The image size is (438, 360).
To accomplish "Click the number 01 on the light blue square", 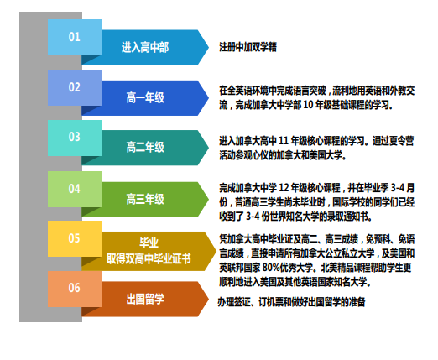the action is pos(75,37).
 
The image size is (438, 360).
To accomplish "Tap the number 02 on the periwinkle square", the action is pos(75,87).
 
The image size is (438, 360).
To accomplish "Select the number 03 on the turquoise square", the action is pos(75,137).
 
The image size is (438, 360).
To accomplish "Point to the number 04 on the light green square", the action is pos(75,189).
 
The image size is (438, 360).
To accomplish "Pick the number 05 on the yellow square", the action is pos(74,238).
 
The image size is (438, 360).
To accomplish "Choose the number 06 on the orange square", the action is pos(75,288).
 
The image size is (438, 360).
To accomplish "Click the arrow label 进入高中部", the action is pos(145,47).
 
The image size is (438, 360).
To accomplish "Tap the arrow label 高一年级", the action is pos(145,98).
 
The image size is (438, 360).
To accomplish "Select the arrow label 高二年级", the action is pos(145,147).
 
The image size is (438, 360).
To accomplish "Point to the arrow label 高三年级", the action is pos(145,199).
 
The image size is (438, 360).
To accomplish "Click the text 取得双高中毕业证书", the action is pos(149,258).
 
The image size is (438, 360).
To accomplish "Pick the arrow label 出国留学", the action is pos(145,299).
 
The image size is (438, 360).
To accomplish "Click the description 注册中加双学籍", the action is pos(248,47).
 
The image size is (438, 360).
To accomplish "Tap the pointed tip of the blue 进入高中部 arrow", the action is pos(209,47).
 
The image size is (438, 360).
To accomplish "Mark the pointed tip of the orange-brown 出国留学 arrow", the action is pos(209,299).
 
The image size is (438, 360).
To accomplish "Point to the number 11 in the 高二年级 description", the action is pos(284,141).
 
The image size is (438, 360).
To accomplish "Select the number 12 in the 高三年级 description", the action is pos(284,188).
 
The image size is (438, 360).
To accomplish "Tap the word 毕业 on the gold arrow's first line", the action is pos(149,243).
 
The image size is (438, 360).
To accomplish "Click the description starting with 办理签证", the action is pos(292,302).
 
